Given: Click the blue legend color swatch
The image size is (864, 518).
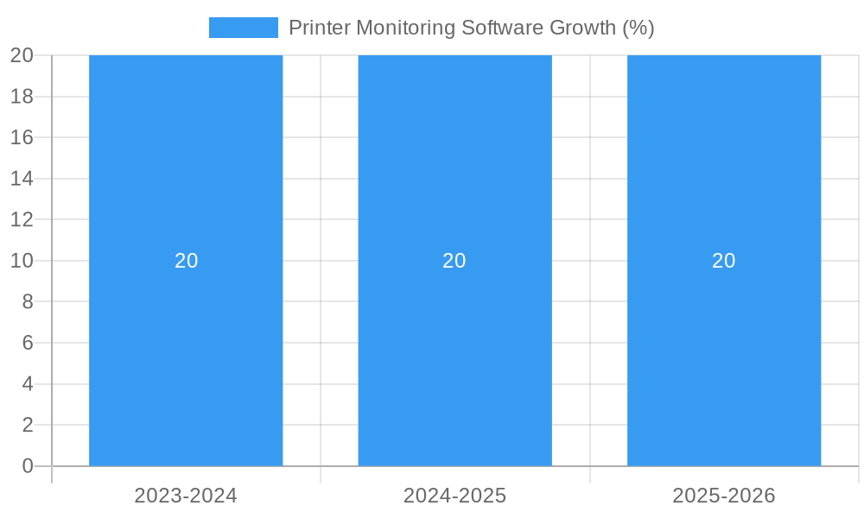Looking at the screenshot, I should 243,28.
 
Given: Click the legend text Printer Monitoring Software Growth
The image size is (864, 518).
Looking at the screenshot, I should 471,28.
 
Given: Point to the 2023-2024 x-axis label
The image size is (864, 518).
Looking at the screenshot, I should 186,496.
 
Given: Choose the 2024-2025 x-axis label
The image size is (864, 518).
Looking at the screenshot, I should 454,496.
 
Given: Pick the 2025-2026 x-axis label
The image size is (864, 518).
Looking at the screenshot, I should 724,496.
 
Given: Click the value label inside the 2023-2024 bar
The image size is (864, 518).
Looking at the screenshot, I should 187,261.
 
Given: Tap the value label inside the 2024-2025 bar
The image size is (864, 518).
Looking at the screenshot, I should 454,261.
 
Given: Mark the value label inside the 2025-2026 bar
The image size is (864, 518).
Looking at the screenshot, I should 724,261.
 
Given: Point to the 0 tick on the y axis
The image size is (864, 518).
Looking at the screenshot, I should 27,466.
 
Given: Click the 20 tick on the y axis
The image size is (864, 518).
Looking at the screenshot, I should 22,55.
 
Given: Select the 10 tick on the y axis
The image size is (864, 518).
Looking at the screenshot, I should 22,261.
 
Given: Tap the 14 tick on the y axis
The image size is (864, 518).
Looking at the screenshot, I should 22,179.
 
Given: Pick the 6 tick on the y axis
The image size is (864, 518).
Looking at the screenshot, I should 27,343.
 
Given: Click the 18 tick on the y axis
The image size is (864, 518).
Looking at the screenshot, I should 22,97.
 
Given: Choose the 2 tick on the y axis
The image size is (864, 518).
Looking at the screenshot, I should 27,425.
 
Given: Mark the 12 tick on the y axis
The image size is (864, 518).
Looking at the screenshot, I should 22,219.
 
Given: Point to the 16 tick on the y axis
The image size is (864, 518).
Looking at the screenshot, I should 22,137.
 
